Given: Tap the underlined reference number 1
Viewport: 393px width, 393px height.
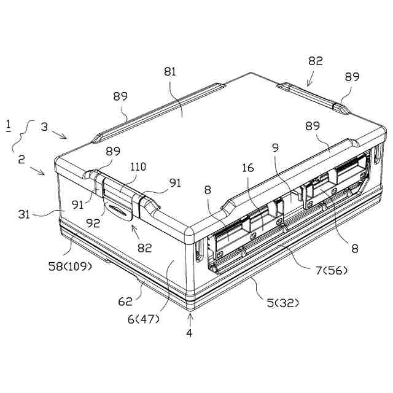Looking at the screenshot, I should [x=8, y=126].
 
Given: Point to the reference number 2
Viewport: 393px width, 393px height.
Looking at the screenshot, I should [x=21, y=159].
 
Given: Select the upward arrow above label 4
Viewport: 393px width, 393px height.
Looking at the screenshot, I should [x=190, y=318].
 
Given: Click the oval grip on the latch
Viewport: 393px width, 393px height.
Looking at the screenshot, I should [x=120, y=212].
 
